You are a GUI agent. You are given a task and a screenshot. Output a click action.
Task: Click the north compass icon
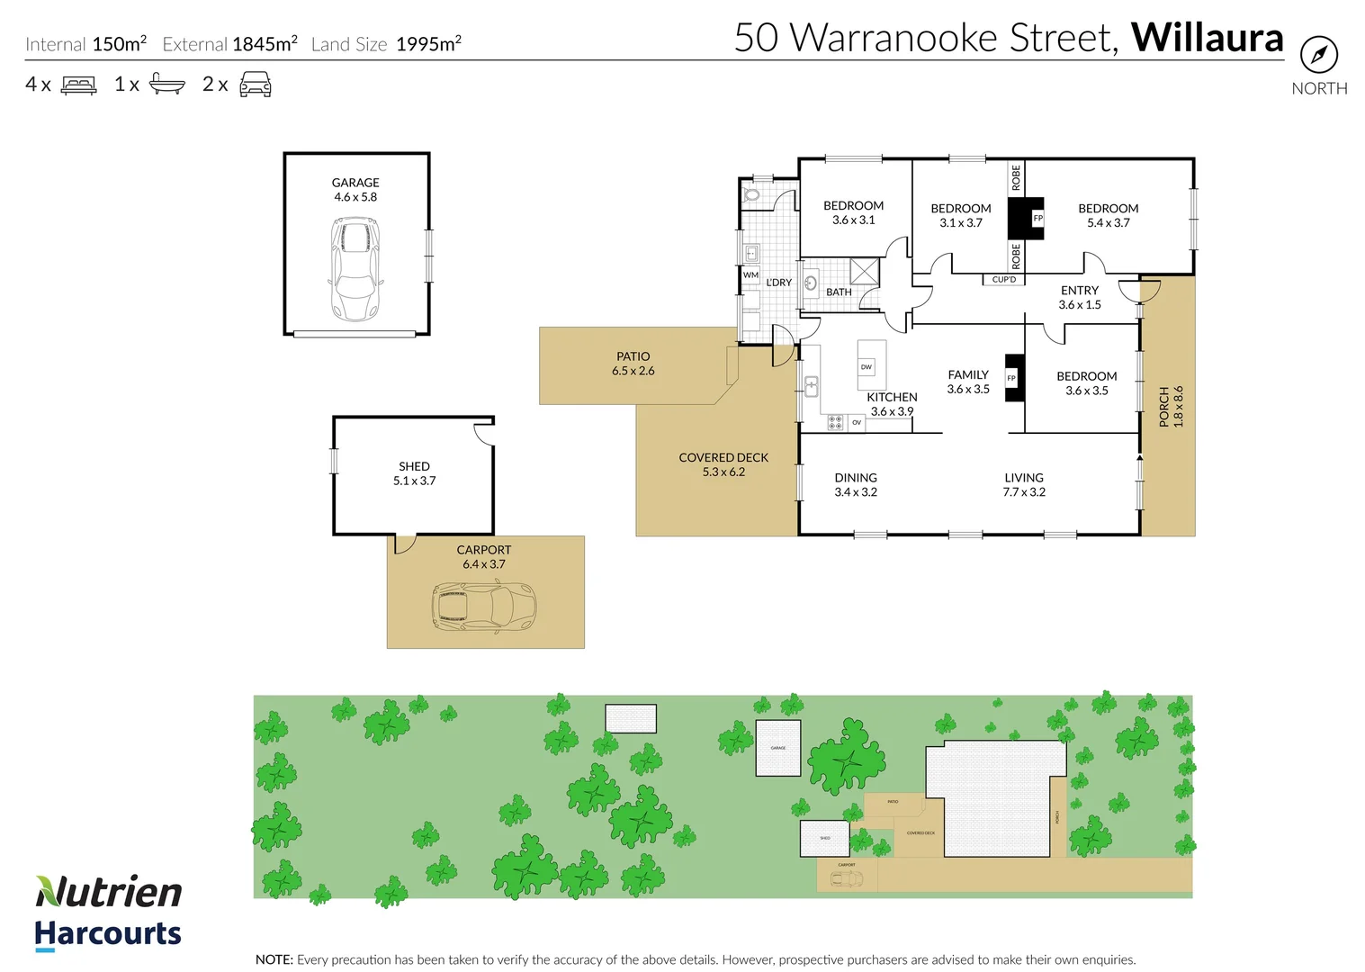(x=1318, y=56)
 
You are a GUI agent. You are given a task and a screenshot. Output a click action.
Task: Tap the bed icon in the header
(x=78, y=85)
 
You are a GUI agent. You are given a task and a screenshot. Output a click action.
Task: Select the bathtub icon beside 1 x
(x=166, y=85)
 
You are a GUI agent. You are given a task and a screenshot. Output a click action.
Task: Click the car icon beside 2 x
(x=255, y=85)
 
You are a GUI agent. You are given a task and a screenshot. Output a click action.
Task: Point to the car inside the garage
(x=355, y=268)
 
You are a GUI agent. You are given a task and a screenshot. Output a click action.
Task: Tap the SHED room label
(x=414, y=466)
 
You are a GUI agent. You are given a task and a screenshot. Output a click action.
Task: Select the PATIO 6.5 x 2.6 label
(x=633, y=364)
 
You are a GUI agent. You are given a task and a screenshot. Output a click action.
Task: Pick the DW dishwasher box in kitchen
(x=867, y=367)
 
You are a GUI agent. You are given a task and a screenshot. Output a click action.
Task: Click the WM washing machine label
(x=750, y=275)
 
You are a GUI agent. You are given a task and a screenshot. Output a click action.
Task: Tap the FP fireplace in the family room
(x=1012, y=378)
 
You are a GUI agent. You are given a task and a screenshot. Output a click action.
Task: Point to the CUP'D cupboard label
(x=1004, y=280)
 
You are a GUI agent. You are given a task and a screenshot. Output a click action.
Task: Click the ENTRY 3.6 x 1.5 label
(x=1079, y=297)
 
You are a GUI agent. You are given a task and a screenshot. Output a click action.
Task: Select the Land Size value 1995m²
(x=428, y=44)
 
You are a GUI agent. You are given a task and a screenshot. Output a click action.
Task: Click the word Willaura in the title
(x=1207, y=39)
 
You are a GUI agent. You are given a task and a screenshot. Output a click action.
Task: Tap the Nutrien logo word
(x=109, y=892)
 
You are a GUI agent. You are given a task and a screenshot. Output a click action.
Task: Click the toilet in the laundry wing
(x=752, y=193)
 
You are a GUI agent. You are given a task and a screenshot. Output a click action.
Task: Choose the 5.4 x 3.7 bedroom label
(x=1108, y=215)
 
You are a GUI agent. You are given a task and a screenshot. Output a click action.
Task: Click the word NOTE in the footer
(x=274, y=959)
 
